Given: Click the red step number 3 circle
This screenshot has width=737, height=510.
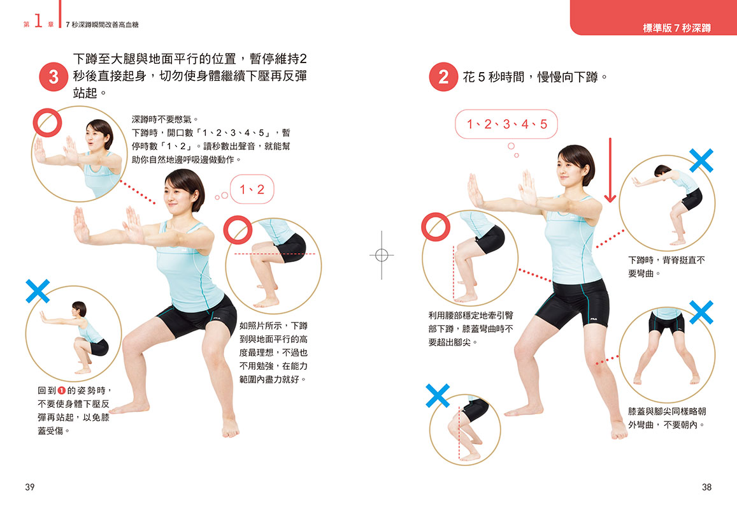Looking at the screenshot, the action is [x=54, y=76].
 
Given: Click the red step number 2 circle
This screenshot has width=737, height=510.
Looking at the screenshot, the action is [x=443, y=76].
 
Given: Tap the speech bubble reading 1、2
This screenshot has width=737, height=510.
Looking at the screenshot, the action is [x=252, y=189].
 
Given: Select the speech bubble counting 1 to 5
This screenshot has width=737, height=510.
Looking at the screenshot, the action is [x=506, y=124].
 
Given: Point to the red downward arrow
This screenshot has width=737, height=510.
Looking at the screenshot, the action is [x=610, y=170].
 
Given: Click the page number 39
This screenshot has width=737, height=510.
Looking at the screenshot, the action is [x=29, y=487].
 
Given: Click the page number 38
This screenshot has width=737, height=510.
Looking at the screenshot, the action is [x=706, y=487].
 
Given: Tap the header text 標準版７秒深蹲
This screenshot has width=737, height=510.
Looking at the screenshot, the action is [x=676, y=28].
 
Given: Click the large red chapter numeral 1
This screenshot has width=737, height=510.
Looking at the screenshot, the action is [x=39, y=21].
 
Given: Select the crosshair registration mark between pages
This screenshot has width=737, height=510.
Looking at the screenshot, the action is [x=381, y=255].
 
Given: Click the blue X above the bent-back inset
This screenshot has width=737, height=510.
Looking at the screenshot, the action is [x=701, y=161].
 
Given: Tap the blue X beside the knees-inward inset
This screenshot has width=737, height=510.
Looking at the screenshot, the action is [x=701, y=312].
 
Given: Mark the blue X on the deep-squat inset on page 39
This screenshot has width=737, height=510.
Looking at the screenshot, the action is [x=38, y=291].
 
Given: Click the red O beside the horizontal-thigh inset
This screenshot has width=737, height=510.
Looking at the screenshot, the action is [x=238, y=230].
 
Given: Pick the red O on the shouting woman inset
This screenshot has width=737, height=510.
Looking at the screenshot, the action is [x=48, y=123].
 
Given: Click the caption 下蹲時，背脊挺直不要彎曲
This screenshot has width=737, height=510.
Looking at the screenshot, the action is [x=666, y=266].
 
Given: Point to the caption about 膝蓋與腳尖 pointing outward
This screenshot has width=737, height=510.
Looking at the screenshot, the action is [x=667, y=418].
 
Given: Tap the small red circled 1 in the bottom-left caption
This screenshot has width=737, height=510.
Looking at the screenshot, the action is [x=61, y=391].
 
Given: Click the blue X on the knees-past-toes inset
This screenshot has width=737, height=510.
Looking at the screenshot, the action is [x=438, y=395].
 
